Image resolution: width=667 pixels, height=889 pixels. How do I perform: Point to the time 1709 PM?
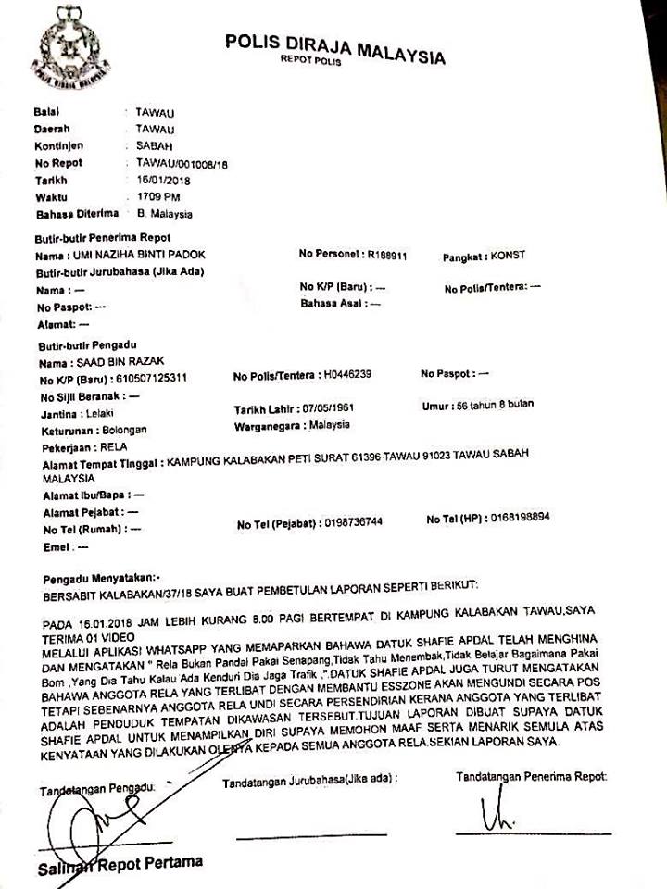[x=158, y=196]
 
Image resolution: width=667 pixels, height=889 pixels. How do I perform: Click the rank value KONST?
[x=506, y=254]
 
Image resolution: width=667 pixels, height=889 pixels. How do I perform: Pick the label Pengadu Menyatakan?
[x=102, y=576]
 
